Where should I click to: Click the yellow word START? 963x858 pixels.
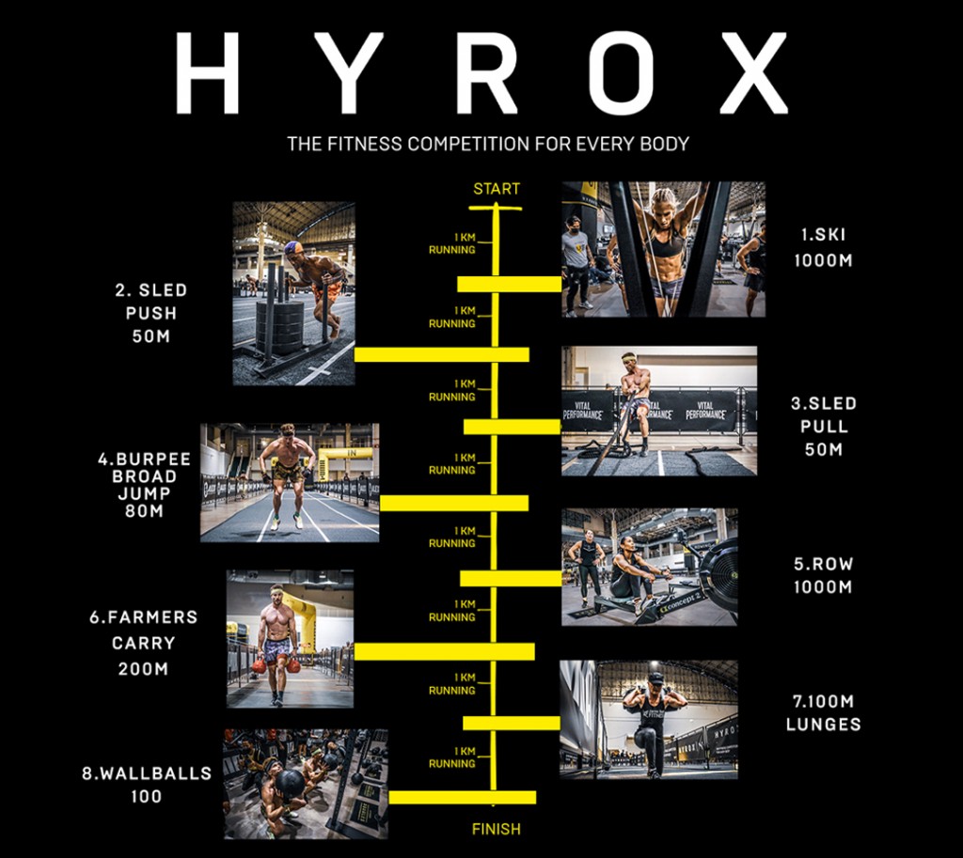coord(496,189)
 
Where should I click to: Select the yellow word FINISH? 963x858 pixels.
coord(496,829)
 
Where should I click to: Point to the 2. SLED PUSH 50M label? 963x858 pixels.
coord(150,313)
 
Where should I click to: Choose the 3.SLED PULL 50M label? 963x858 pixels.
coord(823,426)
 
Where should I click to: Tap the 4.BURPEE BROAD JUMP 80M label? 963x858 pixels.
coord(144,485)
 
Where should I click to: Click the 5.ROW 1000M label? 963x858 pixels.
coord(823,575)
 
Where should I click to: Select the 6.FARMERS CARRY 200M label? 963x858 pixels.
coord(144,644)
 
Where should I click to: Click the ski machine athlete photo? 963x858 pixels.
coord(663,249)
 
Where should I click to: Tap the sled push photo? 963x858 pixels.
coord(293,293)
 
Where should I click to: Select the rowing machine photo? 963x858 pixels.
coord(649,567)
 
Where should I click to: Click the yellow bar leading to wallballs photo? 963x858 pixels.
coord(462,797)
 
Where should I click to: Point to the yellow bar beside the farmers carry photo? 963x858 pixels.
coord(444,651)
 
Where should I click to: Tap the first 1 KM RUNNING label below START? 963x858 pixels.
coord(453,243)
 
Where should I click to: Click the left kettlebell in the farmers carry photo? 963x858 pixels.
coord(259,665)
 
